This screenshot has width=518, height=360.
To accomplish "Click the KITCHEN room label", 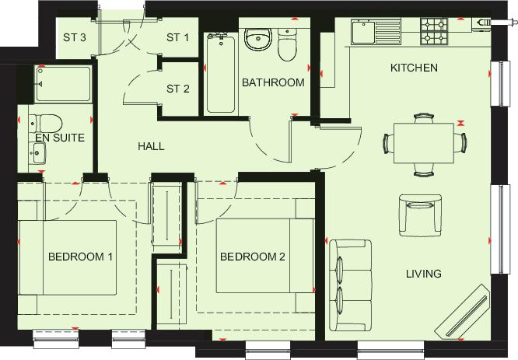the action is (x=414, y=68).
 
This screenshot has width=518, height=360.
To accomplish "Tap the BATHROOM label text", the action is (x=273, y=82).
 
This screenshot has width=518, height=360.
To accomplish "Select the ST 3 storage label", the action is (x=75, y=37).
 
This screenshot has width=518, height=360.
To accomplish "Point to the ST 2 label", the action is (x=178, y=89).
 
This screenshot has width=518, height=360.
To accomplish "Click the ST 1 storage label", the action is (x=178, y=37).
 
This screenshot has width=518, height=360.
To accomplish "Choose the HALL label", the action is (x=151, y=146).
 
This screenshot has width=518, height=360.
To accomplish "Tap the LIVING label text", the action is (x=424, y=274).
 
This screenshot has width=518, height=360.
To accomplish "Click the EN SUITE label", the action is (x=60, y=138).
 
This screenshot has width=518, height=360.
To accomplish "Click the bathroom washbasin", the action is (x=258, y=39).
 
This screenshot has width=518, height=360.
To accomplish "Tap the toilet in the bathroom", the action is (x=288, y=44).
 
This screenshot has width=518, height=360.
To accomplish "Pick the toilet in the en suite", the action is (x=46, y=124).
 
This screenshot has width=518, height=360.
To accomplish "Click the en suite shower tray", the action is (x=63, y=84).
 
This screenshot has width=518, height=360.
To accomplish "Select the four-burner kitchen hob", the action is (x=434, y=31).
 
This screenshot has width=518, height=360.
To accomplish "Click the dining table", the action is (x=424, y=143).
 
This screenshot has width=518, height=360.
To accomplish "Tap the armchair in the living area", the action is (x=420, y=215).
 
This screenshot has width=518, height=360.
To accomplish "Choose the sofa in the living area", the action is (x=351, y=285).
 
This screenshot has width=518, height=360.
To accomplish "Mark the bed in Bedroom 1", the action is (x=67, y=257).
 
